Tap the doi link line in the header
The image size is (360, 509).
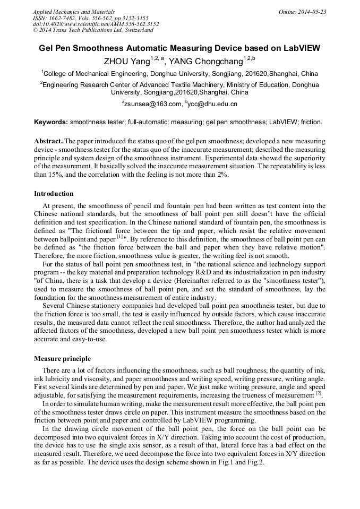(x=96, y=24)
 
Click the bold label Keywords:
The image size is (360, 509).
(x=51, y=122)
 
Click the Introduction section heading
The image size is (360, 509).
(x=54, y=193)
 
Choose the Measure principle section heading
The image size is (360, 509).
(x=62, y=358)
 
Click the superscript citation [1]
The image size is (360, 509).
(x=119, y=237)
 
